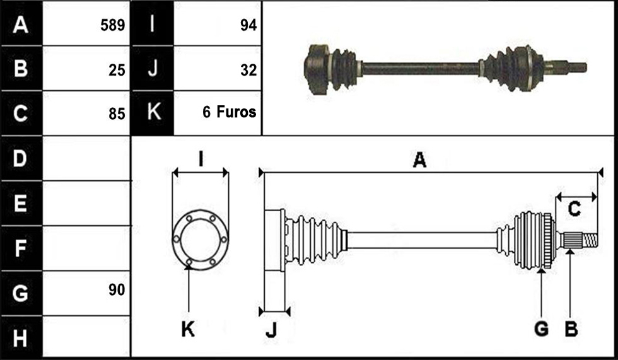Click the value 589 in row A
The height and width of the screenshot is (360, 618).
113,25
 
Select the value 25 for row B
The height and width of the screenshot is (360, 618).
117,70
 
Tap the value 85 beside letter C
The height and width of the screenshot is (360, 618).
117,114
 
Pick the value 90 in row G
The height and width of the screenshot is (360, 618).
117,290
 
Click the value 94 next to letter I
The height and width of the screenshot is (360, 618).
248,25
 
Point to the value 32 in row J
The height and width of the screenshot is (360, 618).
248,70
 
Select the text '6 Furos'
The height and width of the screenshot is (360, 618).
230,112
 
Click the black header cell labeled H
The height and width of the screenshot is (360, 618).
21,337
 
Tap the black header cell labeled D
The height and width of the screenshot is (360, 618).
21,158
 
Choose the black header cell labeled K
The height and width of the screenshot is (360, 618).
153,113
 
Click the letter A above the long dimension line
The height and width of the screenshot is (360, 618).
420,160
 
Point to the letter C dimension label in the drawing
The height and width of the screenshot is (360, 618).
574,209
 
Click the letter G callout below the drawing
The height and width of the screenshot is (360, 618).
542,328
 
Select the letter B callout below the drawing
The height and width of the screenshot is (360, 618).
571,328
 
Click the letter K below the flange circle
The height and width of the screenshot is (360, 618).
188,328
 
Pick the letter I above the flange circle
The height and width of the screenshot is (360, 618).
201,160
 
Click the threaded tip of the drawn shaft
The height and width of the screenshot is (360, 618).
590,241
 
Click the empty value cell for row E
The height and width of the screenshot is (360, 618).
86,203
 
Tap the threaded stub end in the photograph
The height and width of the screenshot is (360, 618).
577,67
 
